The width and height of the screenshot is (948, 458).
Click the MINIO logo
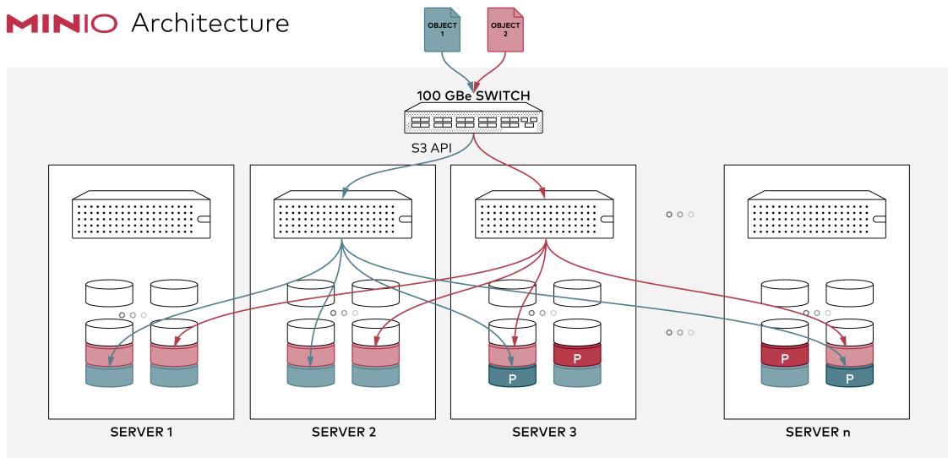[62, 24]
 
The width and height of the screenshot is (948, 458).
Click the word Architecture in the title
[210, 24]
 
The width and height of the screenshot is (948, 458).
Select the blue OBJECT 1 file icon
[443, 29]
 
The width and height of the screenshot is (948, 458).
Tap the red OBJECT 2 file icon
[504, 29]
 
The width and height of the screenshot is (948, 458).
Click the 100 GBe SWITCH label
[473, 95]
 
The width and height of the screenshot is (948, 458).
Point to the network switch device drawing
[473, 117]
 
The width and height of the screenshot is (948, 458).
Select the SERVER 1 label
[141, 432]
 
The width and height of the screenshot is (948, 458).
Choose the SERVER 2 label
[343, 432]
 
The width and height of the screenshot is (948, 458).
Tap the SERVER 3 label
[544, 432]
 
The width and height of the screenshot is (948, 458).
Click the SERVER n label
[817, 432]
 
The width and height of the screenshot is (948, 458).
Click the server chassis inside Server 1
[141, 215]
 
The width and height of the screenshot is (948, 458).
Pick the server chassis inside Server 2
[343, 215]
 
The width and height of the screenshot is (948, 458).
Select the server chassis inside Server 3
[544, 215]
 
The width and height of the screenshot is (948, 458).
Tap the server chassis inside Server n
[817, 215]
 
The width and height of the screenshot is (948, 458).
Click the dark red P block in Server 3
[577, 356]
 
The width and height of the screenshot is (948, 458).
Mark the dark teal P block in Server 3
[512, 376]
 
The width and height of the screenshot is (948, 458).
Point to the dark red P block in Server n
[785, 356]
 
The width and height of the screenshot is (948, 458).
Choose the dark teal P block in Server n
[849, 376]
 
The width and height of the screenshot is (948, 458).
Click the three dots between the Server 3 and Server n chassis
[680, 214]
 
